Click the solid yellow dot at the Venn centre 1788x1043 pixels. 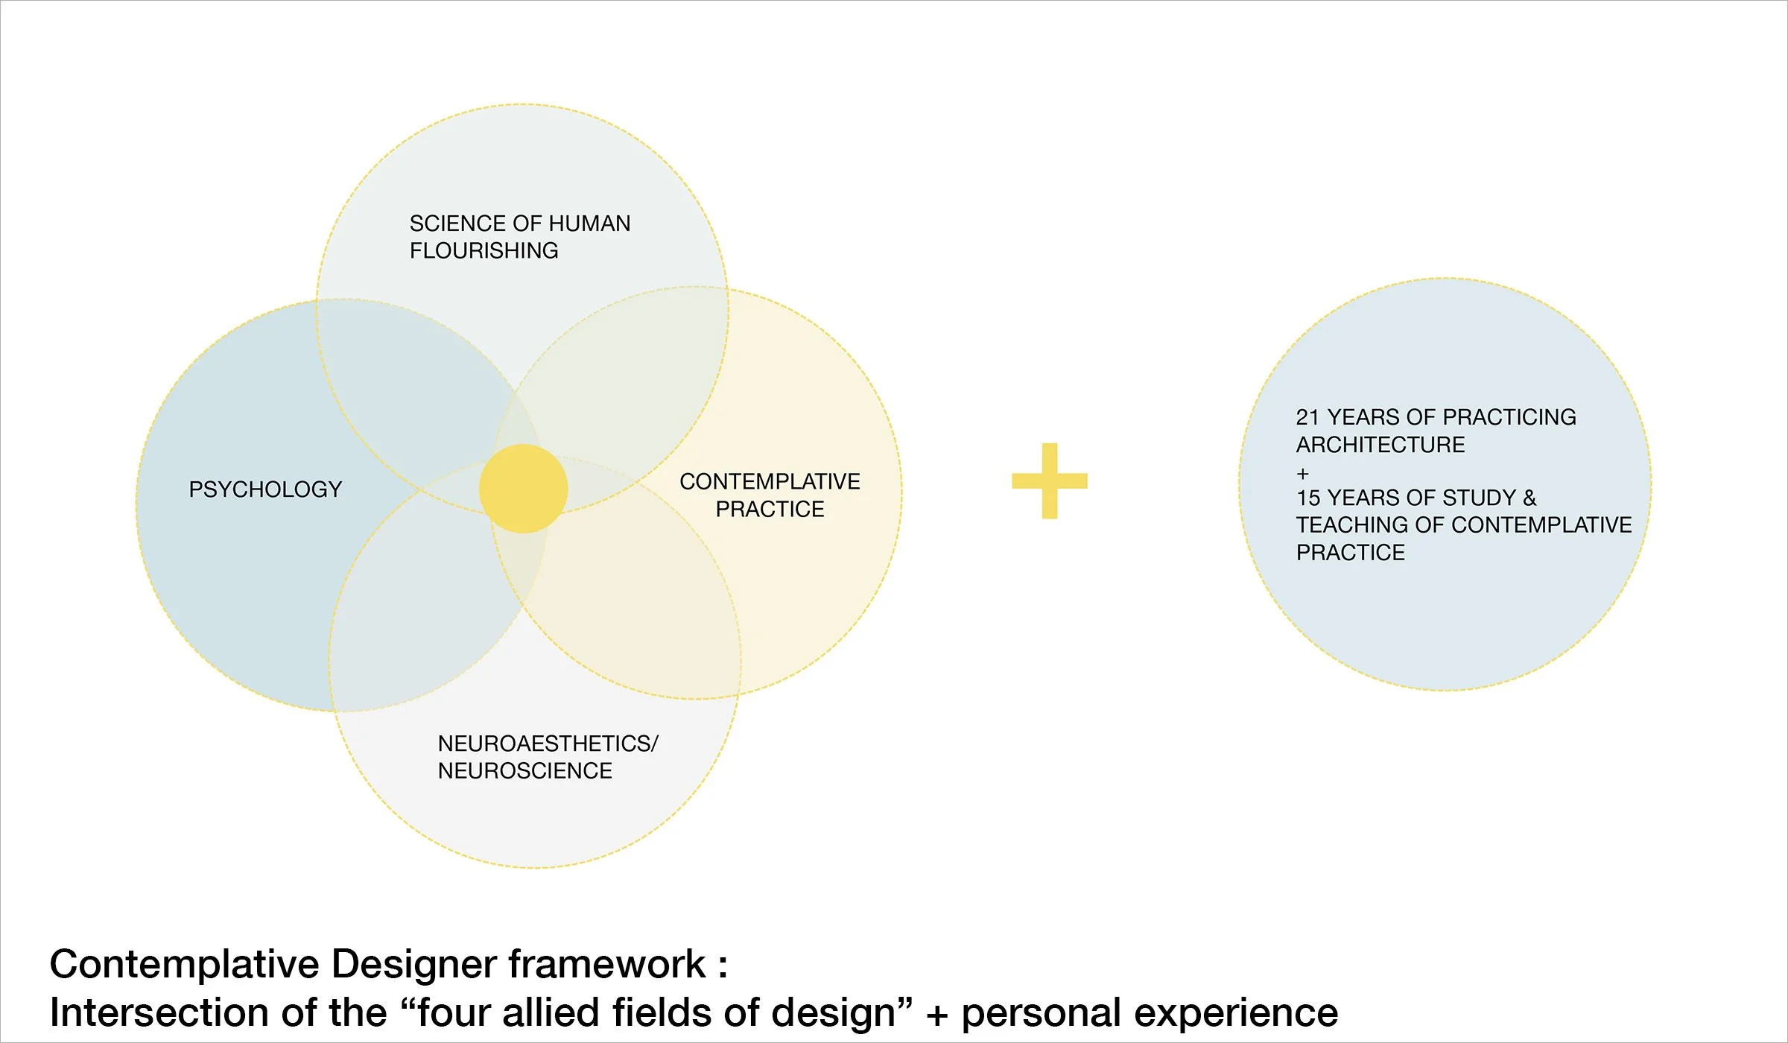[523, 489]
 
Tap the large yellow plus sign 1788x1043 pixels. [1050, 481]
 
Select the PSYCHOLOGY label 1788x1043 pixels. [265, 489]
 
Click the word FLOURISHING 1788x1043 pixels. [484, 251]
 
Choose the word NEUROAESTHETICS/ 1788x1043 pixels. [548, 744]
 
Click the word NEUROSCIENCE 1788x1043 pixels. [524, 771]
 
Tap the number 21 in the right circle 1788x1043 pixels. [1307, 417]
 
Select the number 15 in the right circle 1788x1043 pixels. [1307, 498]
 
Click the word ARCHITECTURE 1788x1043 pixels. [1380, 445]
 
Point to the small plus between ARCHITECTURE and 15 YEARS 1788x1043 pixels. [1302, 473]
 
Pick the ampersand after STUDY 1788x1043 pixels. [1529, 498]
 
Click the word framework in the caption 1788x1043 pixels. [606, 965]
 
